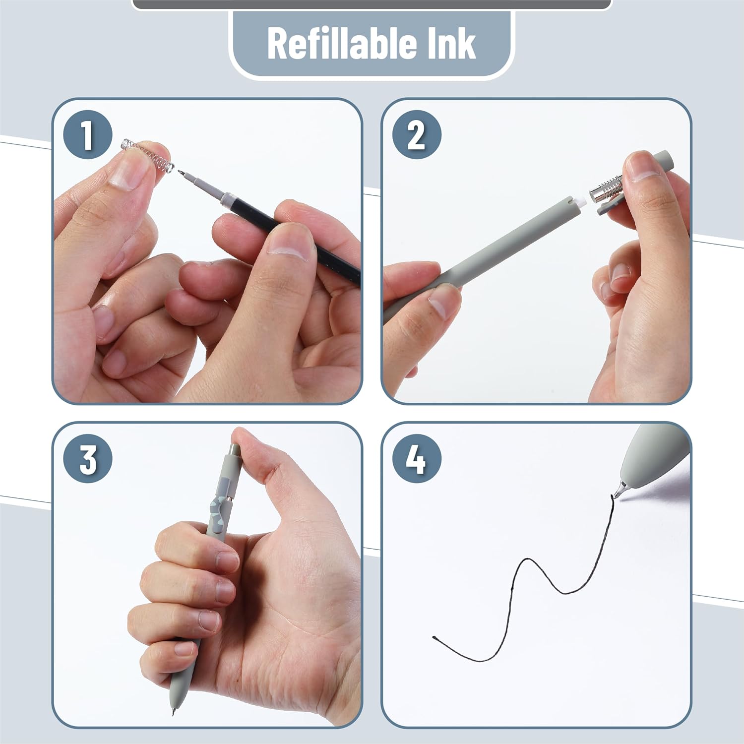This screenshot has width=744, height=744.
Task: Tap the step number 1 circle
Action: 87,135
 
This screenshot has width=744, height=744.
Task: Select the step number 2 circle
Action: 416,135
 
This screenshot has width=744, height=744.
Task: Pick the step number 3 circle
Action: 87,459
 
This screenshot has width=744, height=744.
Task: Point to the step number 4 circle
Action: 416,459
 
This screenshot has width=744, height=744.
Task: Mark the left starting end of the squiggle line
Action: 434,637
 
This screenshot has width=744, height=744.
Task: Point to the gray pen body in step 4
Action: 655,456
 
